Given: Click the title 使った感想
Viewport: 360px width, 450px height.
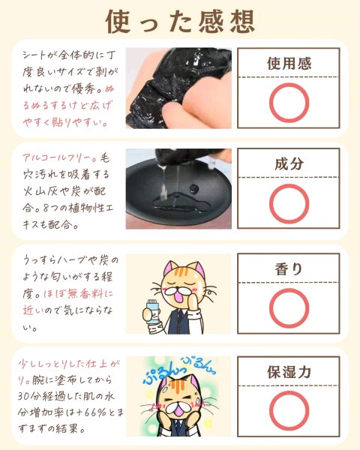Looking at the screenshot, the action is click(180, 22).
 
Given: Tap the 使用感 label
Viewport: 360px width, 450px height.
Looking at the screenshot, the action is click(289, 64).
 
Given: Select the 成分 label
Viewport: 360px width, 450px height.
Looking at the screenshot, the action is click(289, 163).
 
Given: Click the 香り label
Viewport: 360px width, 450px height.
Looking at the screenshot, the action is click(289, 269).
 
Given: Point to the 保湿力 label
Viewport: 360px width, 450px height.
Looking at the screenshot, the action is click(289, 372).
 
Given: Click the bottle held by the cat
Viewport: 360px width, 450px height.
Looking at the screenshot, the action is click(152, 311).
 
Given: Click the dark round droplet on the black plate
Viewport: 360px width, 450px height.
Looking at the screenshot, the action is click(194, 188).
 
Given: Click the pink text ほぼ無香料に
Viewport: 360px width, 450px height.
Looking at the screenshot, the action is click(78, 294).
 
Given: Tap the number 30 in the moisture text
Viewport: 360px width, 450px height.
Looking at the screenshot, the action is click(24, 396).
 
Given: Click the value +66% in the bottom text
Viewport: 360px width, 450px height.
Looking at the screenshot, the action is click(88, 413).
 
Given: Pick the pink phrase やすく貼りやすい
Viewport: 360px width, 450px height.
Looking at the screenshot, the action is click(65, 122).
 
